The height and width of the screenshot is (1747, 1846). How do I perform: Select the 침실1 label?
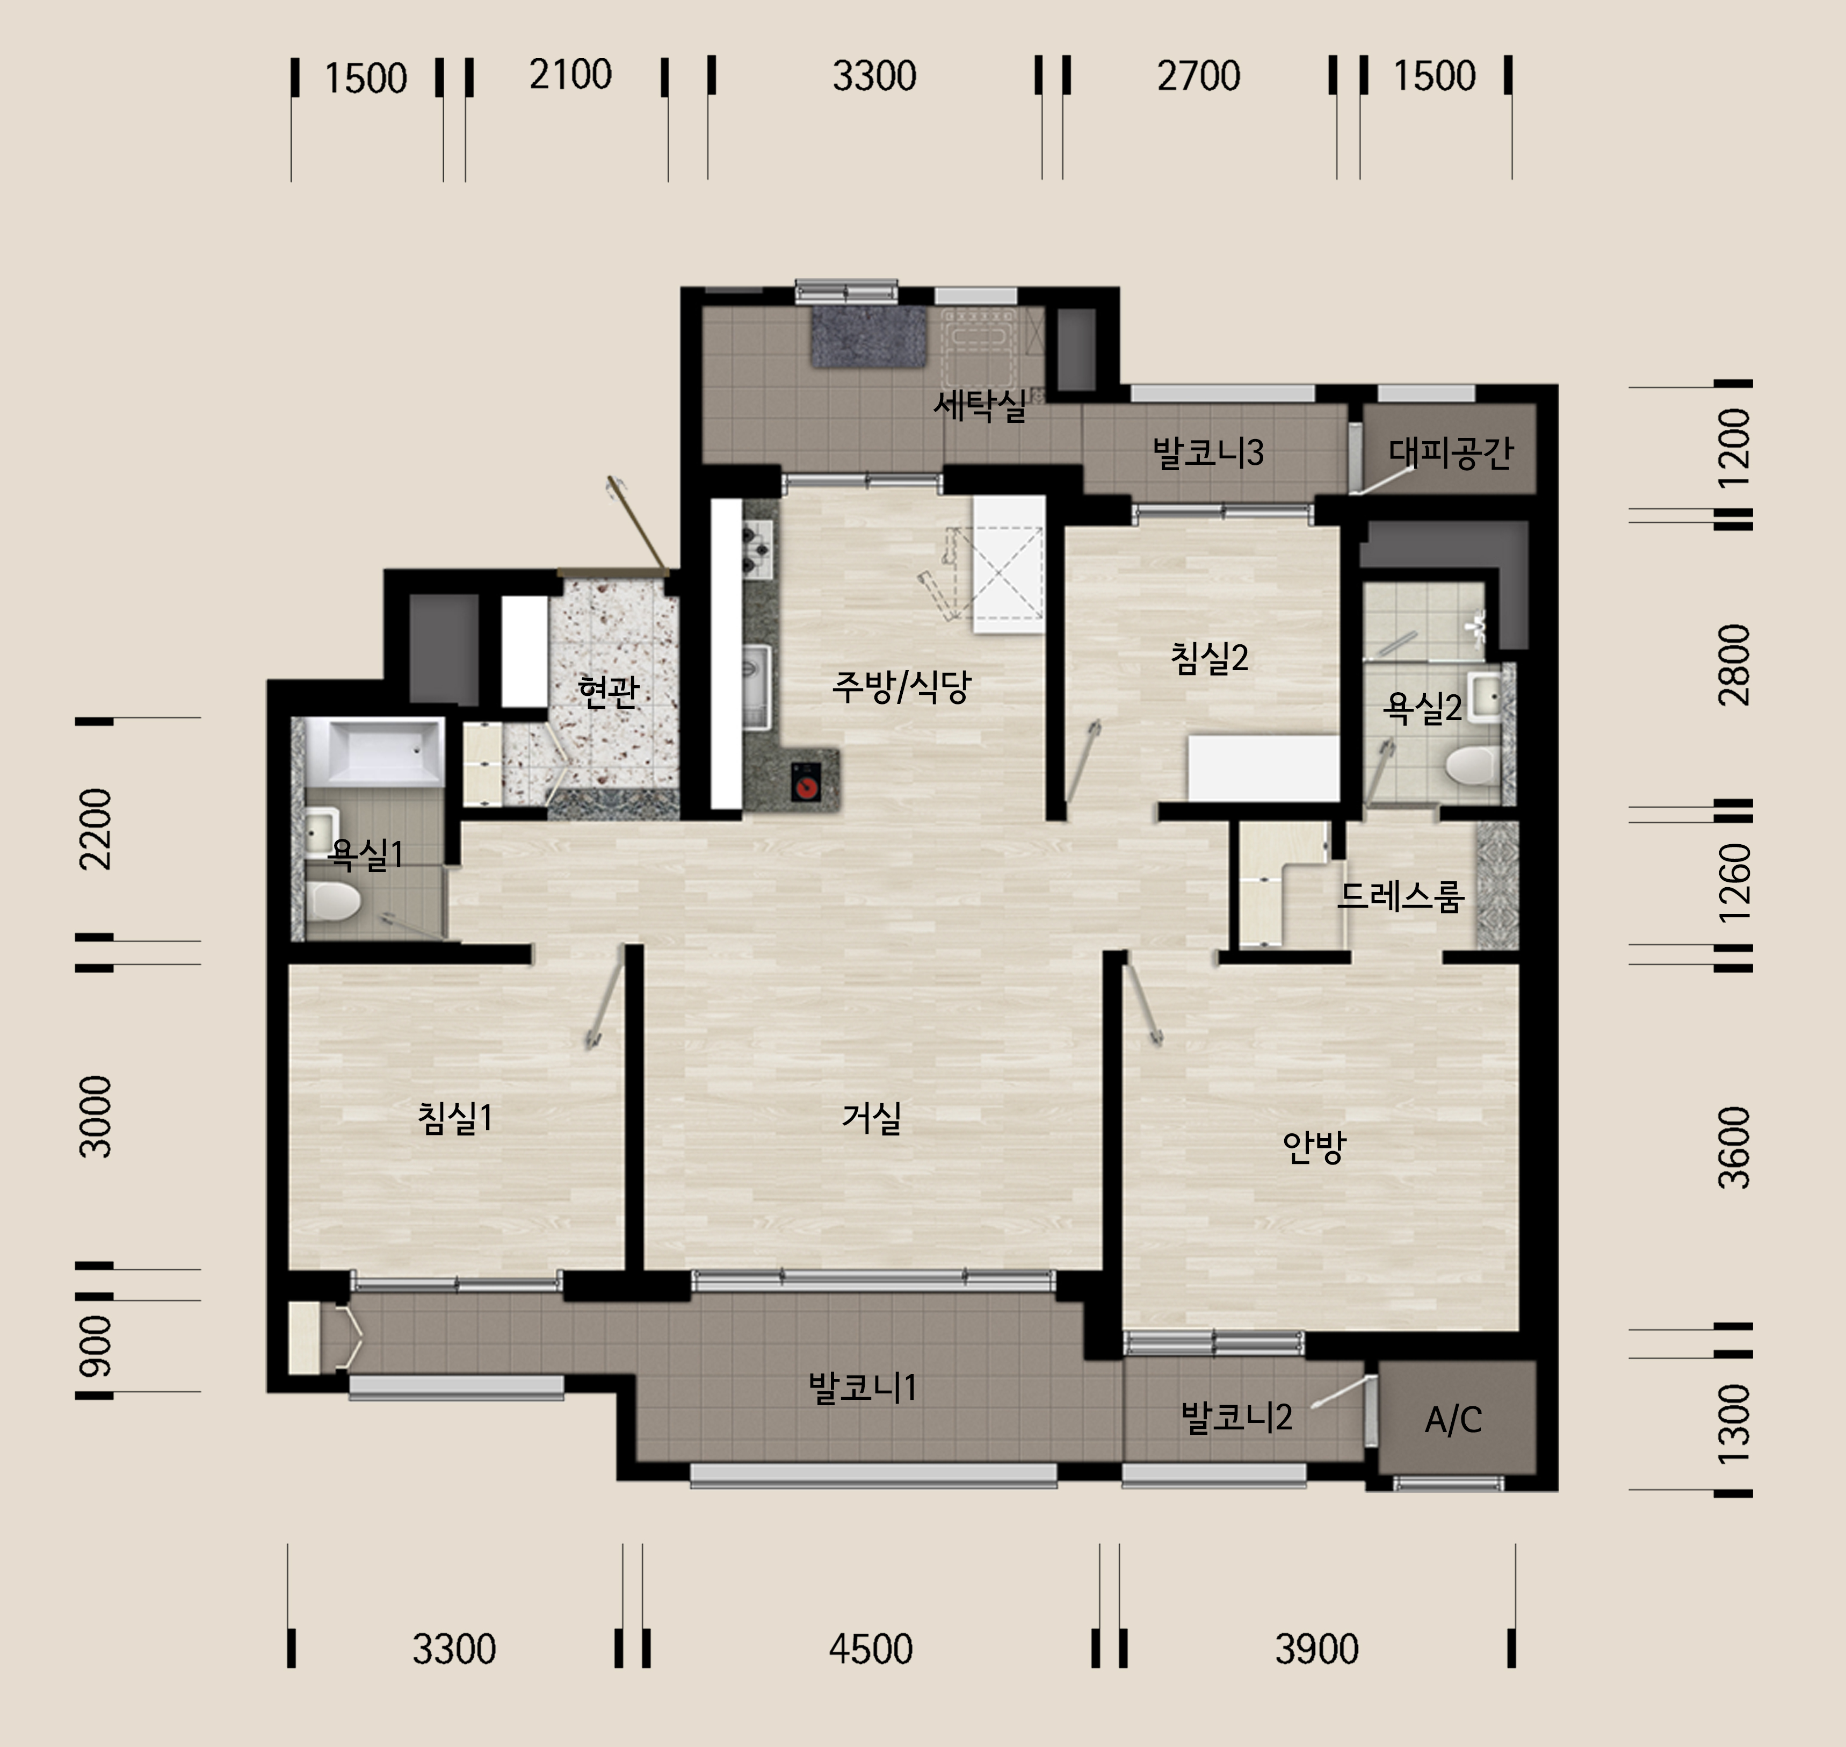(x=455, y=1118)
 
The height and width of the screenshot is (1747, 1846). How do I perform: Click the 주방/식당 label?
(x=901, y=686)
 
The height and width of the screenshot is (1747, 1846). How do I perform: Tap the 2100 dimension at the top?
(x=570, y=75)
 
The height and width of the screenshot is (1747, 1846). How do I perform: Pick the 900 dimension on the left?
(x=95, y=1347)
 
